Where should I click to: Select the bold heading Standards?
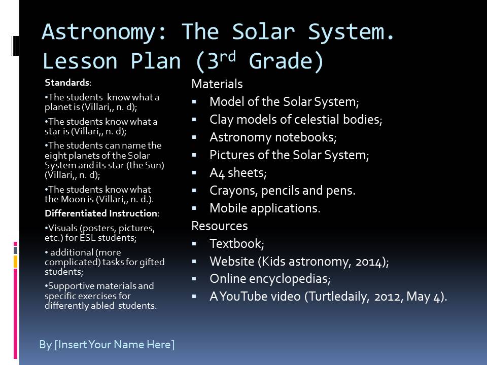[67, 83]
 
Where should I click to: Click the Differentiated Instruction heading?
[101, 213]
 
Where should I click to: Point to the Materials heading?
[217, 84]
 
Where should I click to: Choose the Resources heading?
[219, 226]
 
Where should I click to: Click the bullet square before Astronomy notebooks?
[194, 137]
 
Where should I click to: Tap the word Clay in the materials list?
[221, 120]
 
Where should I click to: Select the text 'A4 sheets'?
[237, 173]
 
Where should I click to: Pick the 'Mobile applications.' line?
[265, 208]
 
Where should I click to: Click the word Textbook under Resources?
[236, 244]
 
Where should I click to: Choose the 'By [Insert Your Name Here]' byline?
[107, 345]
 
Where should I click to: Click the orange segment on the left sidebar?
[16, 262]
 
